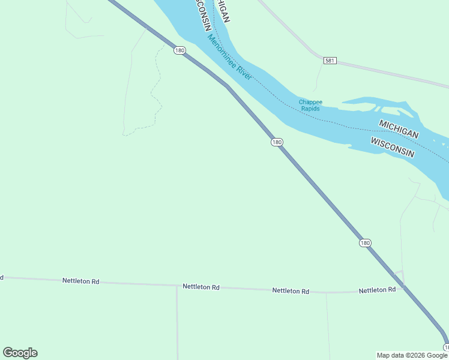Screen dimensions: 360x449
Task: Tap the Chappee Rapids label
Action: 310,105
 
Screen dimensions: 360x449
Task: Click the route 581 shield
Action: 330,61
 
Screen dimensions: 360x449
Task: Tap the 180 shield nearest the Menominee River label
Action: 179,50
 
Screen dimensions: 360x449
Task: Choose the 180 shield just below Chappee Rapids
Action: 276,142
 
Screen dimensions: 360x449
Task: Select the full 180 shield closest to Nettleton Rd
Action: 366,243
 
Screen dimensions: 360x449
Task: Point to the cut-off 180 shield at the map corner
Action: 446,347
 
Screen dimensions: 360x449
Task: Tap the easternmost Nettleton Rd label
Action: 377,290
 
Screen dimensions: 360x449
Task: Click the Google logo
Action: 20,353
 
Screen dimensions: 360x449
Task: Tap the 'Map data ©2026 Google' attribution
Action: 412,355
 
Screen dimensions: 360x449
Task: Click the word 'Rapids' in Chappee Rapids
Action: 310,109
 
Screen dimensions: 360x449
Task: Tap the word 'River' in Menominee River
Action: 243,74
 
